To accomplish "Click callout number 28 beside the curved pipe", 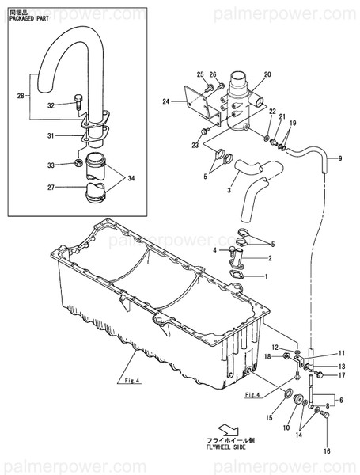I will [x=20, y=96].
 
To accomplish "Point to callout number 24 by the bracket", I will [x=167, y=101].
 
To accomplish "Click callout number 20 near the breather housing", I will [x=267, y=74].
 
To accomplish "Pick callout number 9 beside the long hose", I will [x=339, y=159].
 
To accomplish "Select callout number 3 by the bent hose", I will [x=228, y=190].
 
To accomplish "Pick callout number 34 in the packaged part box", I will [x=130, y=178].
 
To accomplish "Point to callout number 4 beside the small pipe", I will [x=214, y=250].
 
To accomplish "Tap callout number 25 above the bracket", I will [x=200, y=74].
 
